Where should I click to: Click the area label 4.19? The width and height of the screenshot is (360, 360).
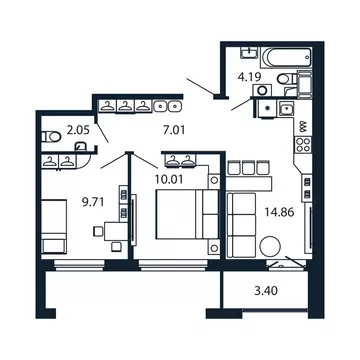249,77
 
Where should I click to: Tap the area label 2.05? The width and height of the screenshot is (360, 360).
78,130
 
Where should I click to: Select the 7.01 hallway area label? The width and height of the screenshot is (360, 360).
173,128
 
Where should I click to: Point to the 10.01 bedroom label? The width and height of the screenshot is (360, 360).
169,179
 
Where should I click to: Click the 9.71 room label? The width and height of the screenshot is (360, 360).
94,201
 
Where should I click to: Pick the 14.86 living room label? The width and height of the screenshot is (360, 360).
279,212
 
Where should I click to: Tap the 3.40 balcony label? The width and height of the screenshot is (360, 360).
266,291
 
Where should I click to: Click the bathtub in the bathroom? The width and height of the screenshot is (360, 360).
286,58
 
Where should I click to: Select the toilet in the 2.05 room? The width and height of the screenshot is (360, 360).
51,137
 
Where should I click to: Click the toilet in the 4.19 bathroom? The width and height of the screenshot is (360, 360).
285,79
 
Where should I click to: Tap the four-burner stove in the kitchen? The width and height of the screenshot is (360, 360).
303,145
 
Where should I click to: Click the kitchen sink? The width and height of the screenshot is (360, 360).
286,108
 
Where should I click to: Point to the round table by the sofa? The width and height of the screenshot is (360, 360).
270,246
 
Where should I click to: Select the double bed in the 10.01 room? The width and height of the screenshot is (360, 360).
187,214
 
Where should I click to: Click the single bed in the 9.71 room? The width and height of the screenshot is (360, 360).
54,226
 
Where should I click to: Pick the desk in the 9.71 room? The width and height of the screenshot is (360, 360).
116,231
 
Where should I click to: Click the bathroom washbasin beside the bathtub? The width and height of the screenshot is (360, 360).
249,52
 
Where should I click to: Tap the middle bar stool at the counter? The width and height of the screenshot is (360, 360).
248,168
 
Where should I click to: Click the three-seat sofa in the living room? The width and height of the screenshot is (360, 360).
242,225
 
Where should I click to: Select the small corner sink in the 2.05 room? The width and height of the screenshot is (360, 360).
81,147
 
